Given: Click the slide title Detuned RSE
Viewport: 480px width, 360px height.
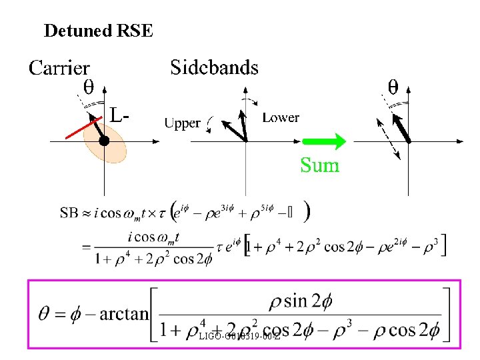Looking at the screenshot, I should click(x=98, y=31).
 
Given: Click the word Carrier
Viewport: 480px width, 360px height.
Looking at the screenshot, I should click(x=59, y=68).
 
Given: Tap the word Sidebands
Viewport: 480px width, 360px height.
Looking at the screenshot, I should click(x=214, y=67).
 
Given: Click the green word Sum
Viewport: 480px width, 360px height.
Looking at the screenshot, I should click(x=320, y=165).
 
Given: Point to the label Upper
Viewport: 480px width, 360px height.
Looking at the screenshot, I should click(x=182, y=123).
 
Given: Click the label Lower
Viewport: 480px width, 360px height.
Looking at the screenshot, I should click(x=281, y=118).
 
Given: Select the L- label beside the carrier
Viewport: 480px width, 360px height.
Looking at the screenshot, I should click(x=119, y=115).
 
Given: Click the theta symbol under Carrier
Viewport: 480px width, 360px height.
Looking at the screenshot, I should click(x=87, y=87).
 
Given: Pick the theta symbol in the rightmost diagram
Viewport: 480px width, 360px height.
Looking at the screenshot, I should click(x=393, y=87).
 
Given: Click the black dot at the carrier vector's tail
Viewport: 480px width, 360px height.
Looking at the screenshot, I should click(x=104, y=141).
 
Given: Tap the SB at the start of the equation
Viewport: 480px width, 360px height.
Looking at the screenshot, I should click(x=69, y=213).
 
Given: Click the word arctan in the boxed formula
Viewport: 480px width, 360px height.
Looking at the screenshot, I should click(x=125, y=314).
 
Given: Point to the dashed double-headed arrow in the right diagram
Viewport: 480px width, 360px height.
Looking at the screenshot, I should click(x=388, y=139).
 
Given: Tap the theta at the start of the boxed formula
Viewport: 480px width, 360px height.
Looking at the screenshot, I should click(x=46, y=313).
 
